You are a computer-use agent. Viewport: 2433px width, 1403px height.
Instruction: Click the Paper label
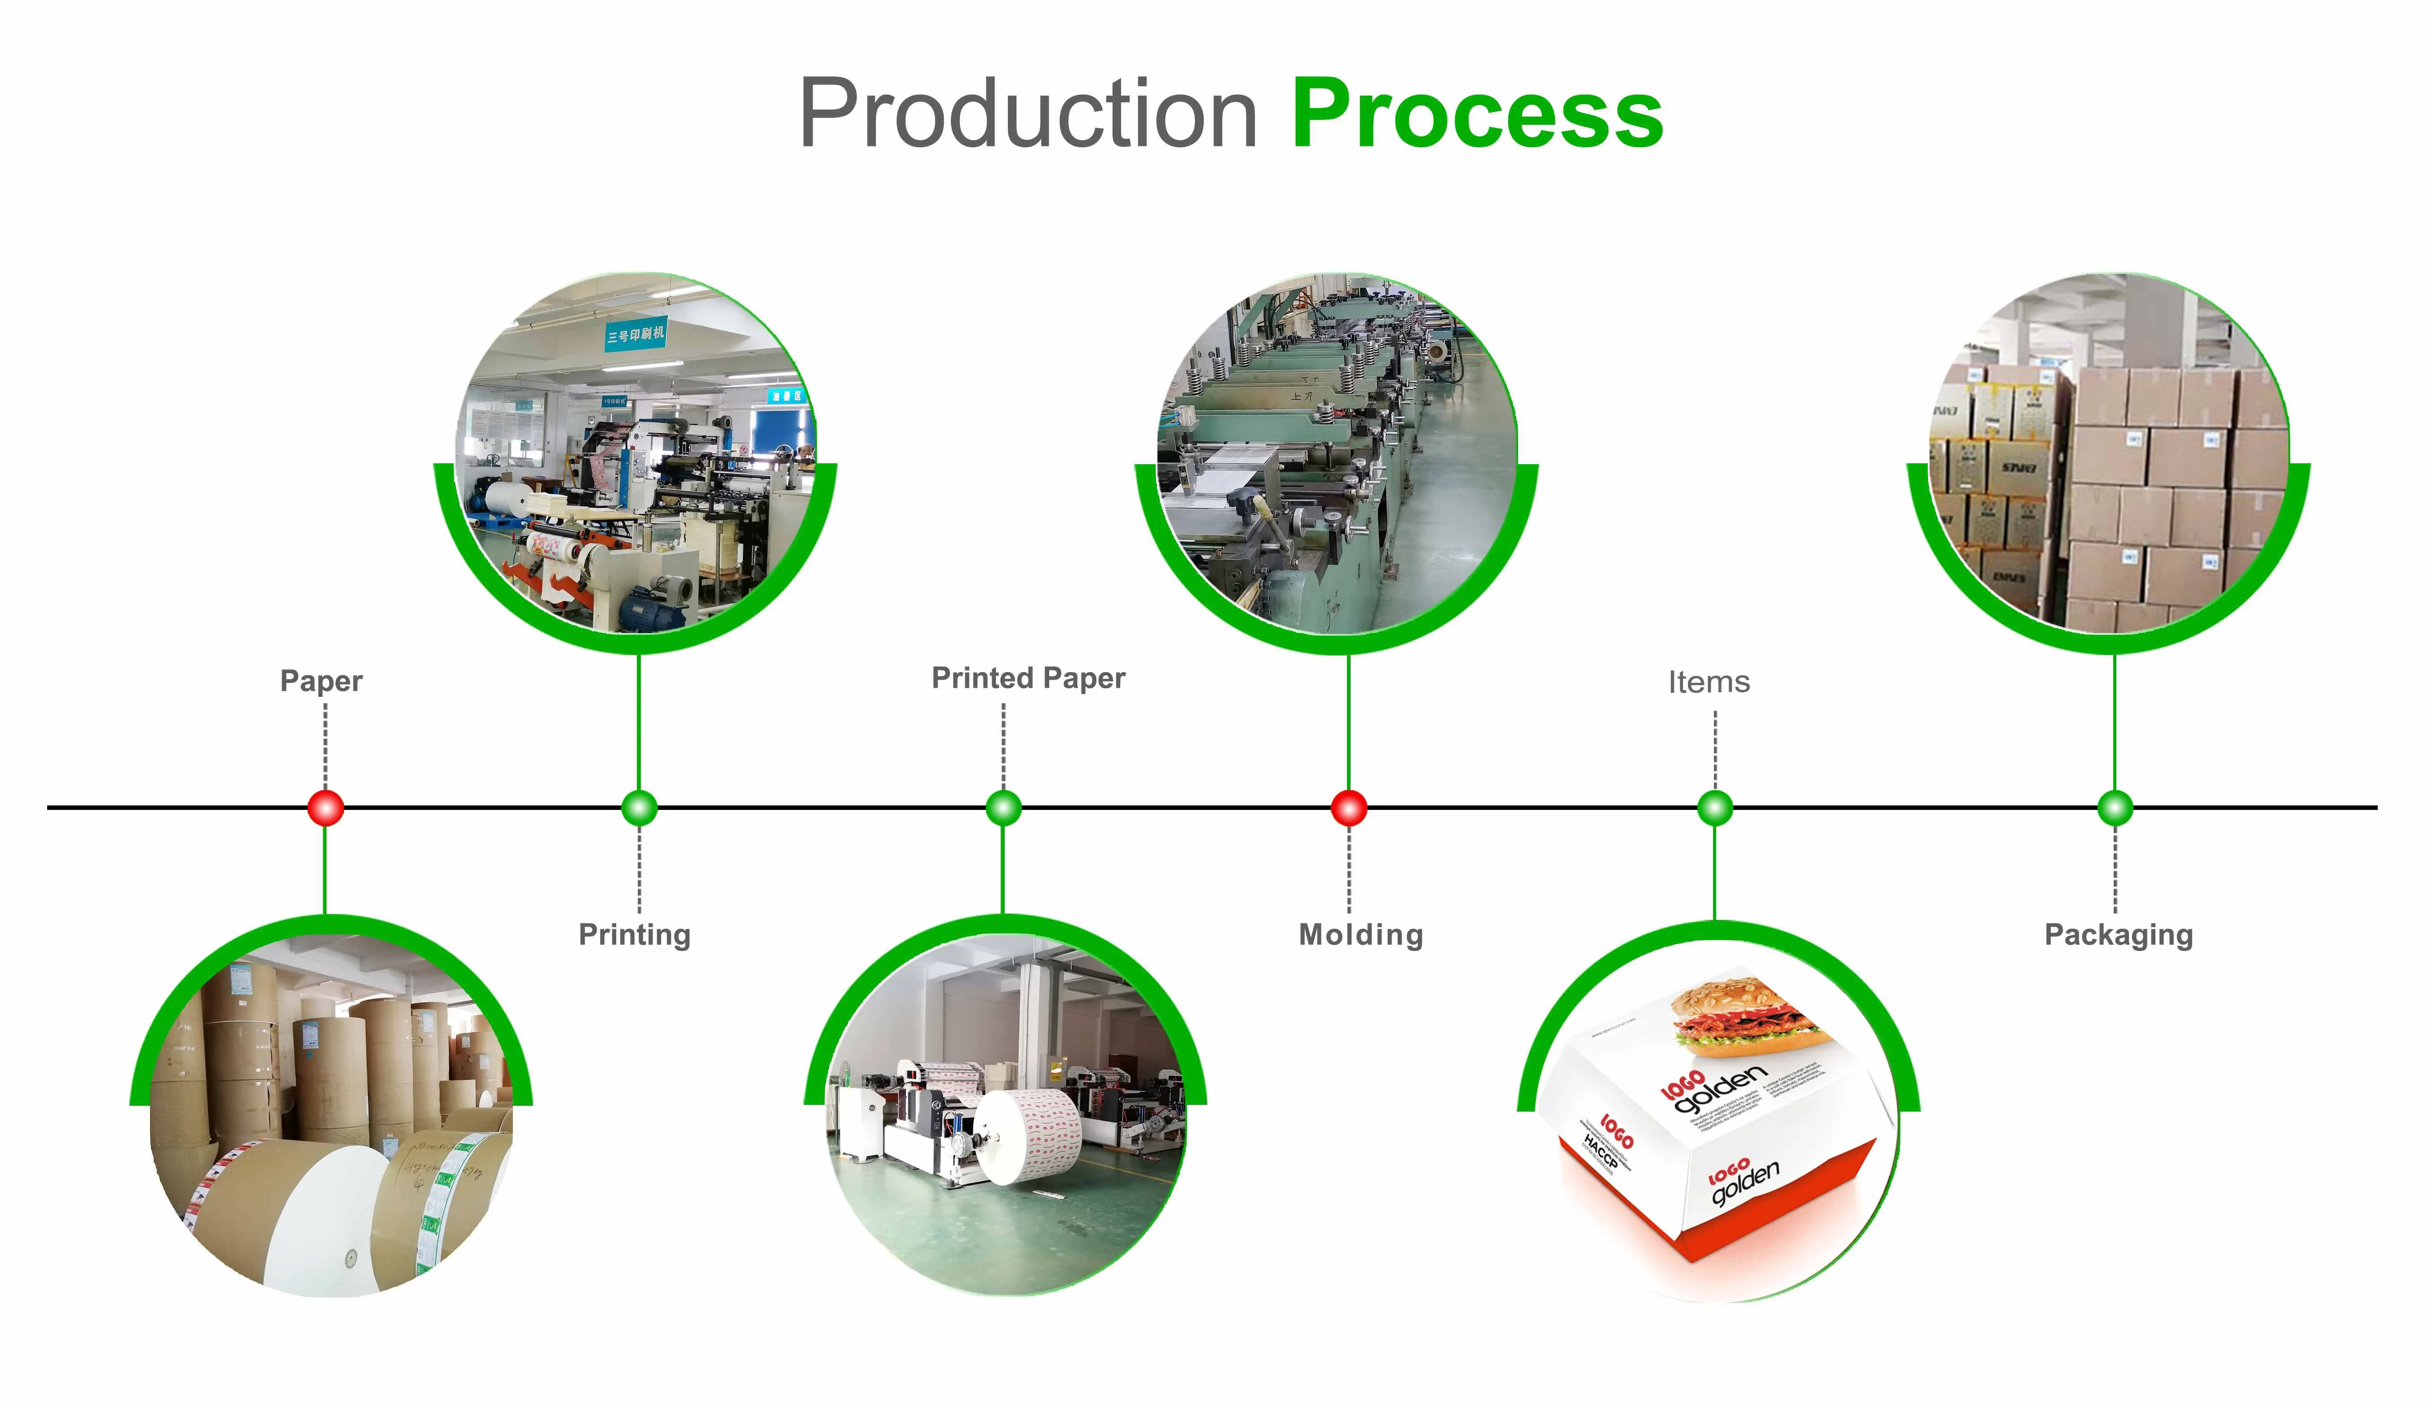pos(321,681)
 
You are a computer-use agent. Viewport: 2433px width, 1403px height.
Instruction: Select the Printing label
pos(634,935)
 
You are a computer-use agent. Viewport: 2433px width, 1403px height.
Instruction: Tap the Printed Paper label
pos(1028,678)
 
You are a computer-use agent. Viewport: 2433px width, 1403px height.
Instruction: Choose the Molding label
pos(1360,935)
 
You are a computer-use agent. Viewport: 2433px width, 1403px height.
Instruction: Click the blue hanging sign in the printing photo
pos(635,334)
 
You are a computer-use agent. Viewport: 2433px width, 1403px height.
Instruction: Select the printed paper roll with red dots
pos(1031,1137)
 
